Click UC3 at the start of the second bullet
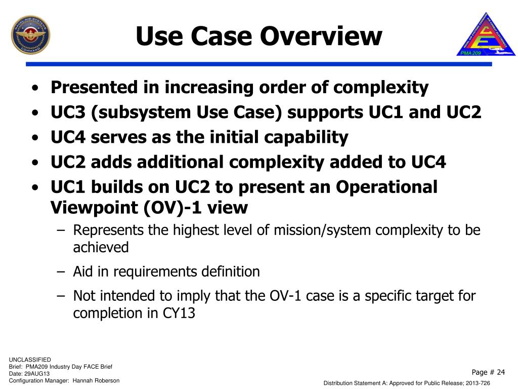tap(68, 112)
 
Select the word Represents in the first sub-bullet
tap(108, 230)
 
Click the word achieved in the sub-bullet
tap(101, 248)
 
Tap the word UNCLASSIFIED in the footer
tap(30, 360)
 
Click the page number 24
tap(500, 372)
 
